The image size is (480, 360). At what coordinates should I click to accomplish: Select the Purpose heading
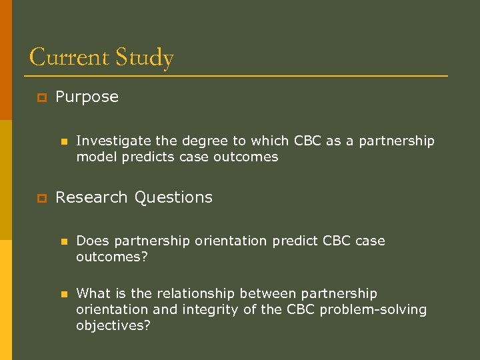[x=87, y=97]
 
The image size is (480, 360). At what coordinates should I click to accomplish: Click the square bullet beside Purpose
[x=41, y=98]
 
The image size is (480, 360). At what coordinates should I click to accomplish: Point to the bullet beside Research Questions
[x=41, y=198]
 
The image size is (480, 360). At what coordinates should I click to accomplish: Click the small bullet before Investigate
[x=64, y=142]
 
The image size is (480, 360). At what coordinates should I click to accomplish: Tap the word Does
[x=91, y=241]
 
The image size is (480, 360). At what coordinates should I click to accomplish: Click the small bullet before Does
[x=64, y=241]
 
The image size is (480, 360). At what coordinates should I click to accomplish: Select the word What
[x=93, y=293]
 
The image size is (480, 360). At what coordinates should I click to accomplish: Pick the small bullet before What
[x=64, y=294]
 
